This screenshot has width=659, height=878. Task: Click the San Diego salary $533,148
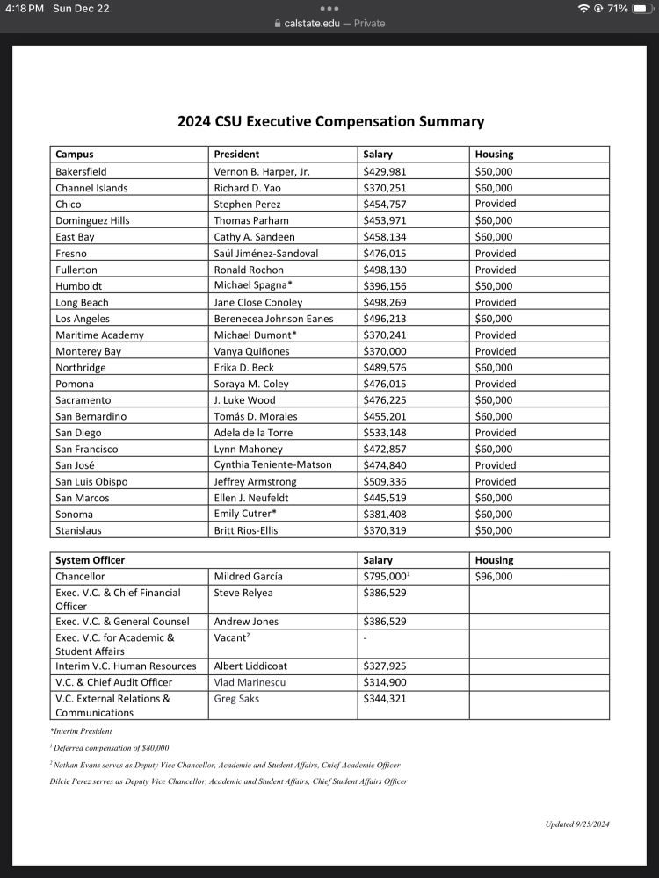tap(385, 433)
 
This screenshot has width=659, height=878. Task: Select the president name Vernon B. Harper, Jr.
tap(262, 171)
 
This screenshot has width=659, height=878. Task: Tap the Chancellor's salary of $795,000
tap(387, 577)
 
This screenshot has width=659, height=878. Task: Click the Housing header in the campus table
tap(494, 155)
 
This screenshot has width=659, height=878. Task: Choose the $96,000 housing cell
tap(494, 577)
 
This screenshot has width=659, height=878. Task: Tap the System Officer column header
tap(90, 560)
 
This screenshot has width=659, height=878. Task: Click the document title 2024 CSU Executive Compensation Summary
tap(330, 122)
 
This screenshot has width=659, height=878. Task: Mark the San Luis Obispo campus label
tap(91, 482)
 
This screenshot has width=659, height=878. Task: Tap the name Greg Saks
tap(237, 699)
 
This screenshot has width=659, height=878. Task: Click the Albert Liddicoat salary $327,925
tap(385, 666)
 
